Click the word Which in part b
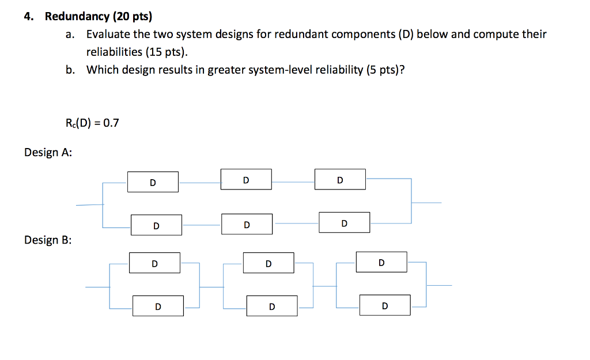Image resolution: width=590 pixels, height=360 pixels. (x=101, y=70)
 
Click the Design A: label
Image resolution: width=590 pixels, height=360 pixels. (x=48, y=153)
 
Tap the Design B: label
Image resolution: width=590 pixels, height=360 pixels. (x=48, y=240)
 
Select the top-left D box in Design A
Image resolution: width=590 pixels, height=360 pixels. (x=153, y=182)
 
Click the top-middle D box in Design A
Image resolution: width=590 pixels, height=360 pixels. (x=246, y=179)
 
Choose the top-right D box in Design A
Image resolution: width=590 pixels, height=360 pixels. (x=340, y=179)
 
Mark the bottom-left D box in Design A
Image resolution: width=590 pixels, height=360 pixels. (x=156, y=225)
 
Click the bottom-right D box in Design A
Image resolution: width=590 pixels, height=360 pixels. (x=344, y=222)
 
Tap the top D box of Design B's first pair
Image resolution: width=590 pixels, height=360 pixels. (x=154, y=263)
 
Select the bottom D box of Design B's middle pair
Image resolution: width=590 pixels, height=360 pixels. (x=272, y=306)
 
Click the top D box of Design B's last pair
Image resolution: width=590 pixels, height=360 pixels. (x=381, y=262)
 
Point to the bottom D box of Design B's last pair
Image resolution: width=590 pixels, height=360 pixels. (x=385, y=305)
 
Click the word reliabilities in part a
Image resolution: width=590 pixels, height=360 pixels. (x=114, y=52)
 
